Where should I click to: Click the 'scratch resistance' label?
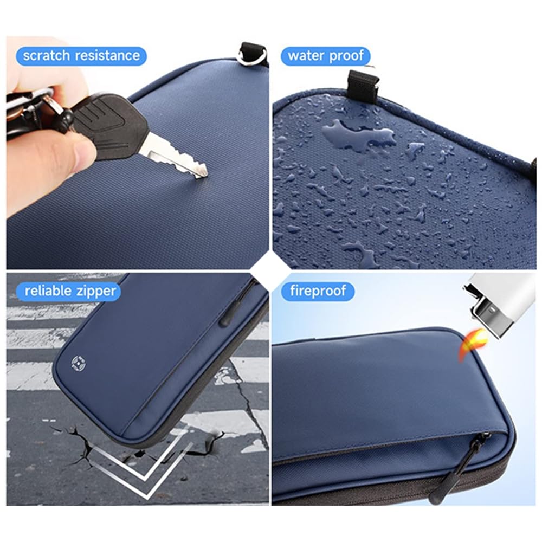(x=81, y=56)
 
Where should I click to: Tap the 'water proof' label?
(x=325, y=56)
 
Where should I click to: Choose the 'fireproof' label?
(x=318, y=291)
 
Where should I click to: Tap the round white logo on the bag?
(x=78, y=363)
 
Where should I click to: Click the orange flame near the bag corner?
(x=472, y=344)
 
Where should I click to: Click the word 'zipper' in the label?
(x=96, y=292)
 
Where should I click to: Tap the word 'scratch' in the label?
(x=46, y=56)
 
